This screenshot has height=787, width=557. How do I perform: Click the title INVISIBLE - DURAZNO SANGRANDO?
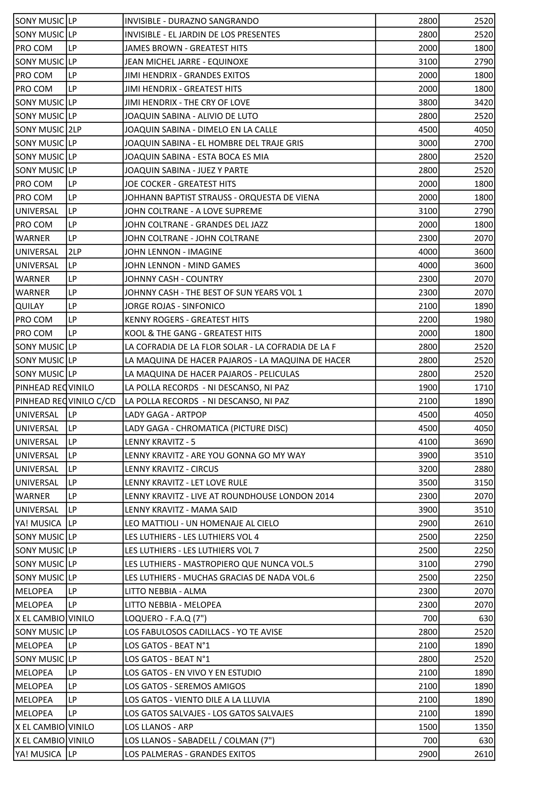point(191,21)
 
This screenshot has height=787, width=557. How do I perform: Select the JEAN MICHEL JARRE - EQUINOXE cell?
point(186,62)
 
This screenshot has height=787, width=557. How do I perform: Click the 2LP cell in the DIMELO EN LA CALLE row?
point(75,130)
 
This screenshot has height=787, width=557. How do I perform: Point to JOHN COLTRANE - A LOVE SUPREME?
point(193,211)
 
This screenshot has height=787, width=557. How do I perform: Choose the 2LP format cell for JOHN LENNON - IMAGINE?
point(75,252)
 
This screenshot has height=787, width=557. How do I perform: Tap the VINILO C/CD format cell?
point(92,401)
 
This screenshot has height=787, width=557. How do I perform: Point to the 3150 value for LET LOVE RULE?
point(483,483)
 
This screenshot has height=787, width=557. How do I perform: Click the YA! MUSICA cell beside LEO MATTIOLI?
point(38,523)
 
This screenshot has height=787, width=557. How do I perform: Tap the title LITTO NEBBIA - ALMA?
point(165,591)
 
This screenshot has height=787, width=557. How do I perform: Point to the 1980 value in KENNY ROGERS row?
point(483,320)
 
